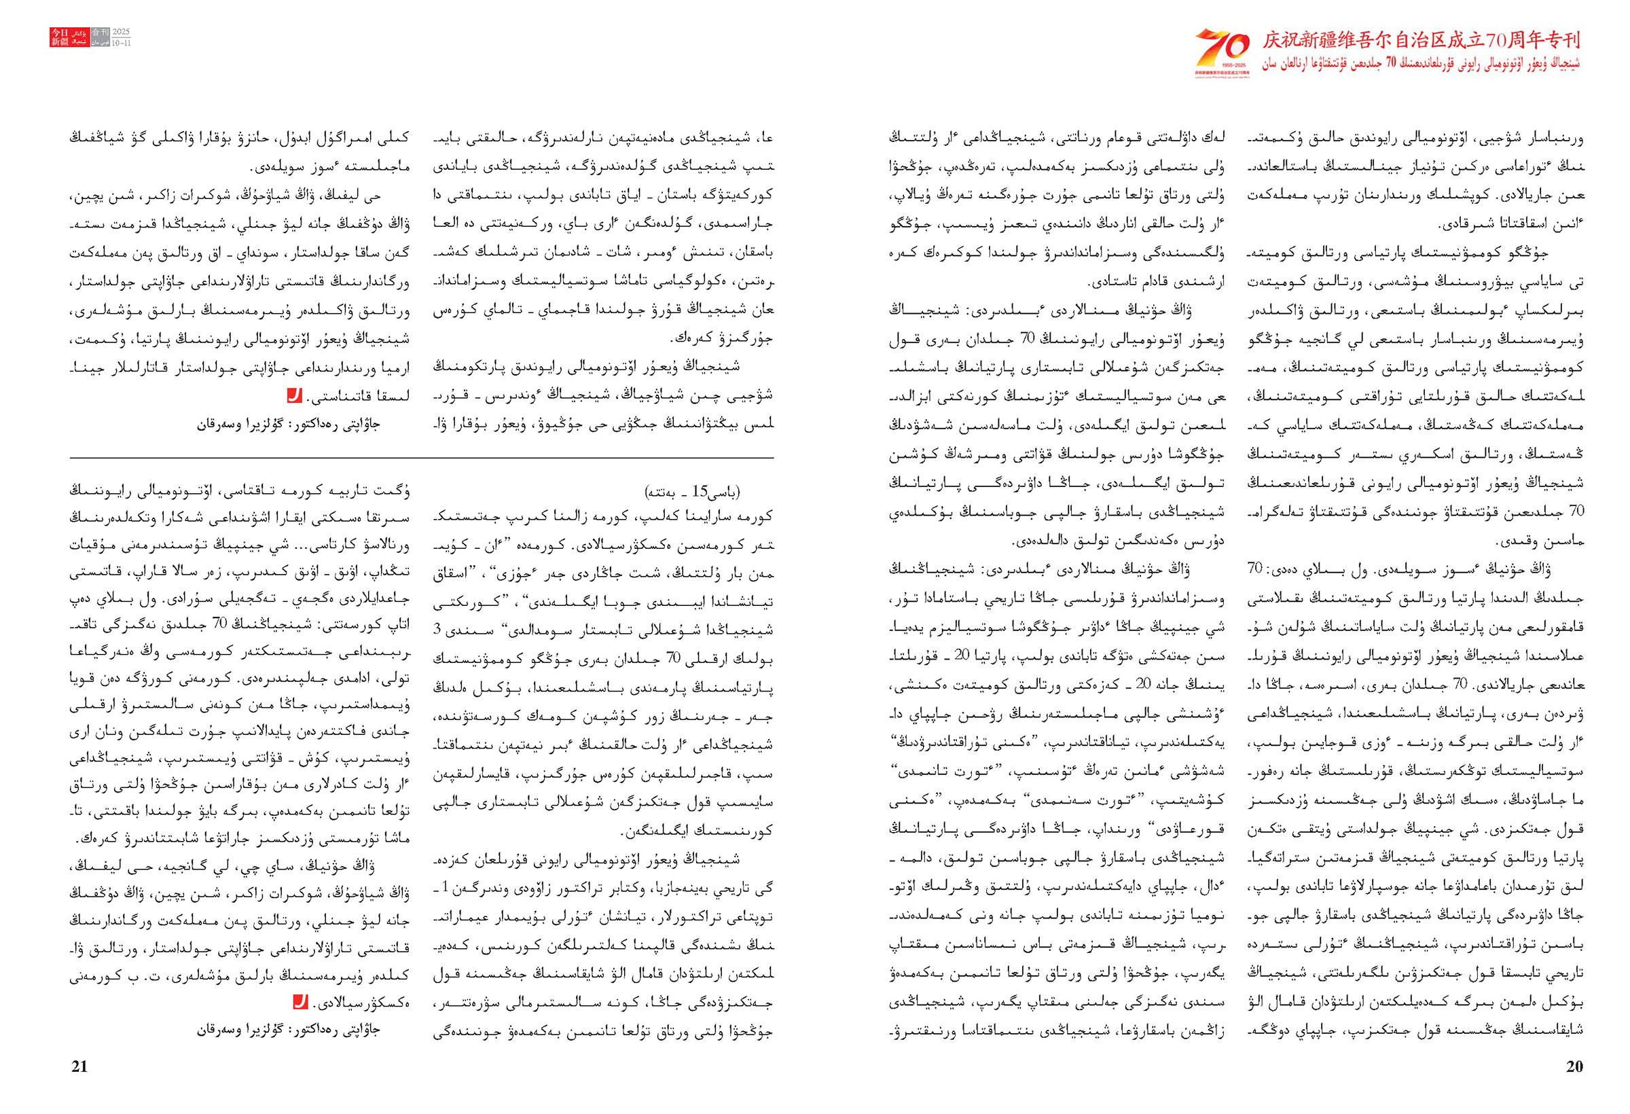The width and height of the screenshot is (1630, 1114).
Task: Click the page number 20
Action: click(1574, 1067)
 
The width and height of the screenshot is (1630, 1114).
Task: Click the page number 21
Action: click(80, 1067)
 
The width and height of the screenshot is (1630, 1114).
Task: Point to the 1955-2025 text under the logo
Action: click(1222, 65)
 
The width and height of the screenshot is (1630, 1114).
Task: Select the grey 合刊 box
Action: click(101, 33)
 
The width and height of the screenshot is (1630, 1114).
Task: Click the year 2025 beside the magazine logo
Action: click(122, 33)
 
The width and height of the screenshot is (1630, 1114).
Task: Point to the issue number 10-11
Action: click(122, 43)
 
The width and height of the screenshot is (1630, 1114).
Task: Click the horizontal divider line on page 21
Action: click(421, 458)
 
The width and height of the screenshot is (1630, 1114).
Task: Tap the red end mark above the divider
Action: click(295, 395)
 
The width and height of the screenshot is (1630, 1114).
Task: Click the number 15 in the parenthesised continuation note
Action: click(700, 491)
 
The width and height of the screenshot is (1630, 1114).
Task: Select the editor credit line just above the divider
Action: click(288, 425)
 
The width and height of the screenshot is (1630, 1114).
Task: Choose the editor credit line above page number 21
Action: click(288, 1030)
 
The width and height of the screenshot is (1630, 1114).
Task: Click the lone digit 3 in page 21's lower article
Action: click(437, 629)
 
